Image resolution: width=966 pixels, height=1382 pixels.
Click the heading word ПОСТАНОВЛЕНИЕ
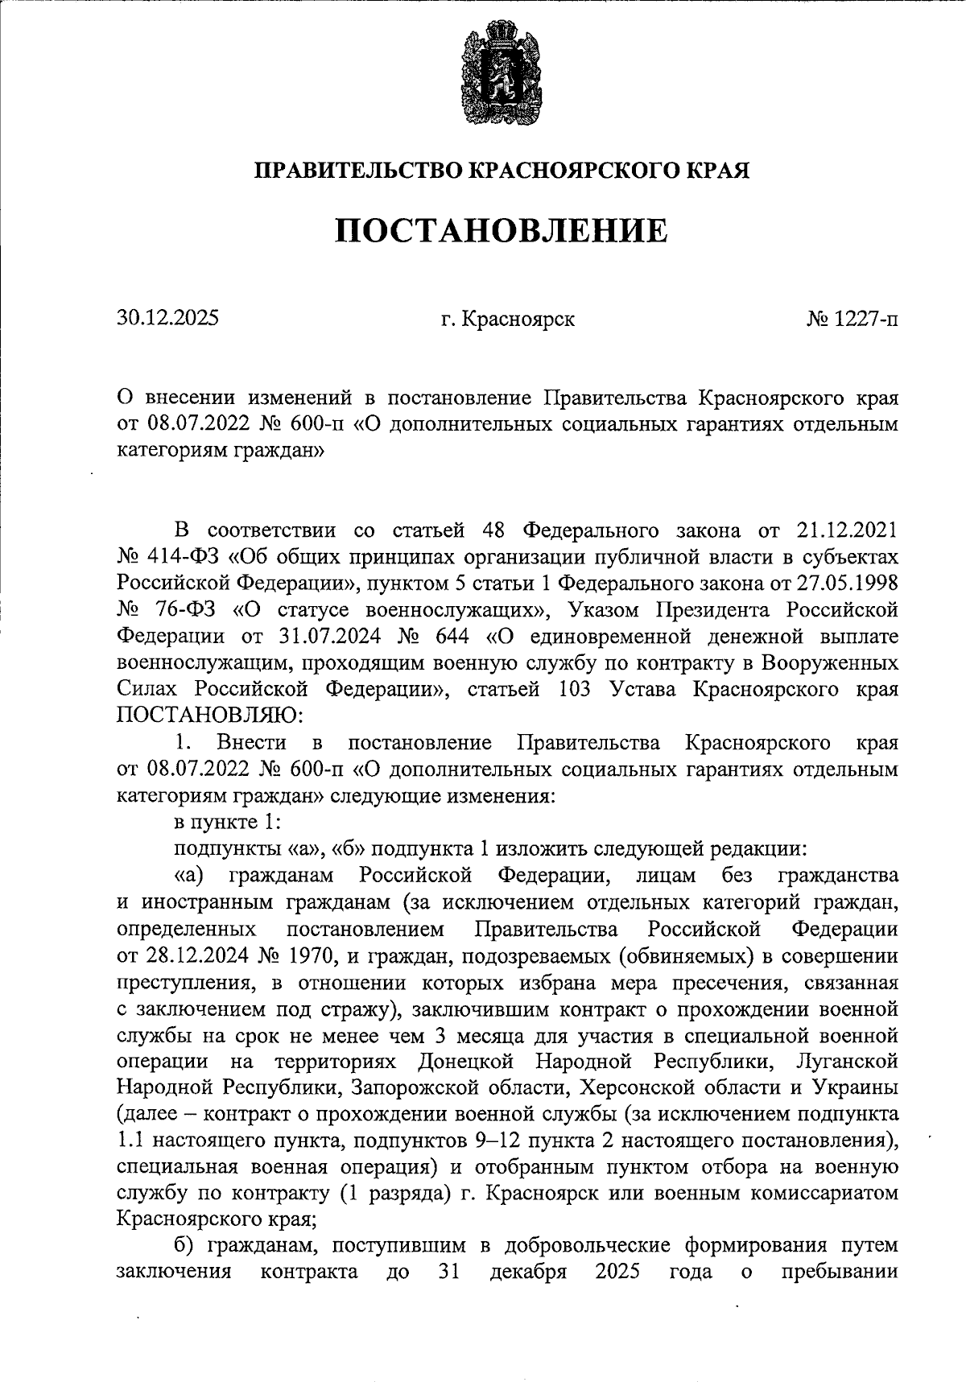[502, 231]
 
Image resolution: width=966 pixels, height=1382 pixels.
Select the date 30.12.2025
[167, 318]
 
